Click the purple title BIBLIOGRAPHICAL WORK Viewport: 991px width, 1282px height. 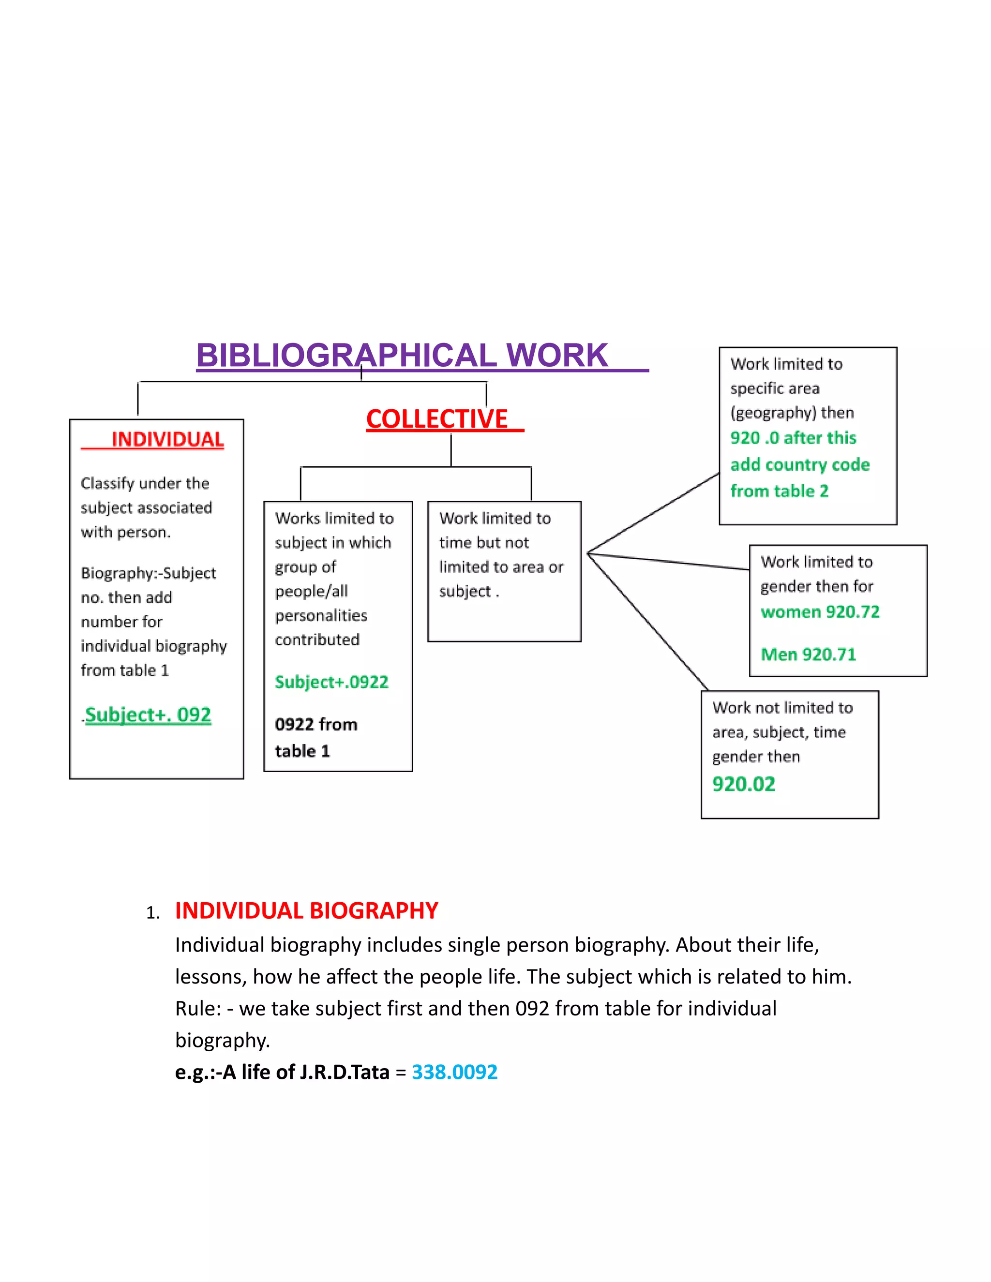click(402, 356)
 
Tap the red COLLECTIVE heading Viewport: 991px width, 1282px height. click(437, 419)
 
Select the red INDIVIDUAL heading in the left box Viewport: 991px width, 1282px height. click(167, 439)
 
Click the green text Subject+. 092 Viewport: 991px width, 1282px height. click(148, 715)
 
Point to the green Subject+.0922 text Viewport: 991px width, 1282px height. click(331, 682)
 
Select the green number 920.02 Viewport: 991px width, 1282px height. click(743, 784)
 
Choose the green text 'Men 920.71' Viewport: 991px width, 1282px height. click(809, 654)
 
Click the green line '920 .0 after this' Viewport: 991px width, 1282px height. click(793, 438)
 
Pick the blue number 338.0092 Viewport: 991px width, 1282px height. click(454, 1072)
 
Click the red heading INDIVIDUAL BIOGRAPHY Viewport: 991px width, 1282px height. click(306, 910)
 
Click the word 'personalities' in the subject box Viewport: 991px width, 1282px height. click(321, 615)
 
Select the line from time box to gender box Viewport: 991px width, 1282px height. click(669, 561)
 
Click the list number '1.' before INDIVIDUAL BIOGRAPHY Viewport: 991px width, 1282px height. click(152, 913)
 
